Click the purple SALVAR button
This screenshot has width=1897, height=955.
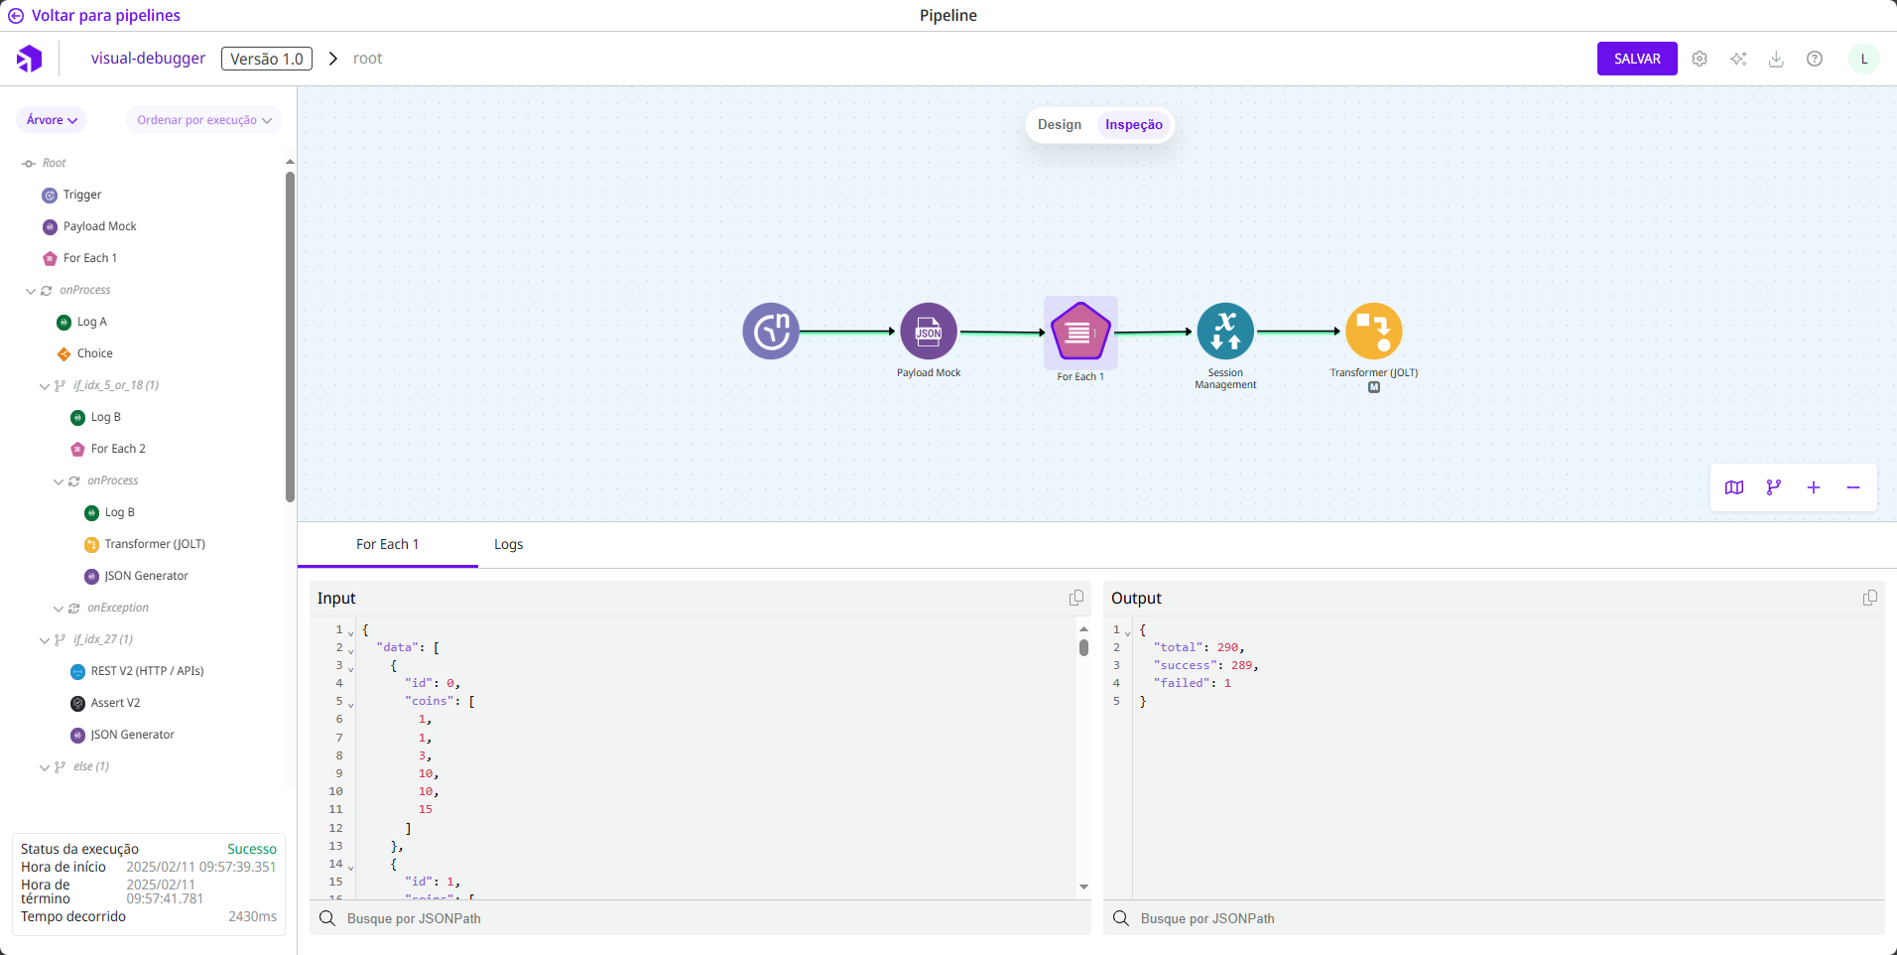[x=1636, y=59]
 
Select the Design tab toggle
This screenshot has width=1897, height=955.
[x=1059, y=125]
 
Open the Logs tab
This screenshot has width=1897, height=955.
[x=508, y=545]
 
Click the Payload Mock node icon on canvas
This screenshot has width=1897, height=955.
[x=928, y=332]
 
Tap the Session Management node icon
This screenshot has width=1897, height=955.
[x=1225, y=332]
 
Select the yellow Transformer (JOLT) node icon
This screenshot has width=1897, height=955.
[x=1373, y=332]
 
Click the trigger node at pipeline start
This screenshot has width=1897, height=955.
[x=771, y=332]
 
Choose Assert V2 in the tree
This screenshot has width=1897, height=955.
[x=115, y=703]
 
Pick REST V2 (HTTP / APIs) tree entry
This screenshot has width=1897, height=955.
[x=147, y=671]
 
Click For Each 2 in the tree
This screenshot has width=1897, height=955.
[x=118, y=449]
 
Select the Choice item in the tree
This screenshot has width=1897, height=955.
[x=94, y=353]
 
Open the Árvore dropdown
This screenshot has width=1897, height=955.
[x=52, y=120]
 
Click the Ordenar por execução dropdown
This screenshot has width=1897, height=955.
[x=203, y=120]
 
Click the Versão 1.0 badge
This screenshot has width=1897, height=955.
[x=266, y=59]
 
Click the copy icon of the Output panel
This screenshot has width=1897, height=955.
[x=1869, y=598]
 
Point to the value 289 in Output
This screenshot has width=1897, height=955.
[x=1241, y=665]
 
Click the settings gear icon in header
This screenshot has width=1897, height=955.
[x=1700, y=59]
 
